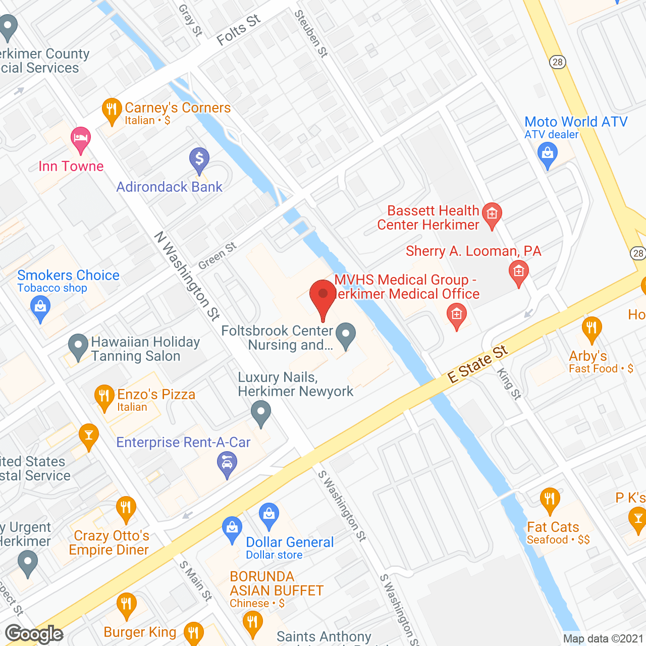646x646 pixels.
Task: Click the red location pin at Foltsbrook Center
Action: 323,297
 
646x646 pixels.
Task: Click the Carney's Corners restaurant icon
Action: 112,110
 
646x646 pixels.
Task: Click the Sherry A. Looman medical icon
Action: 518,273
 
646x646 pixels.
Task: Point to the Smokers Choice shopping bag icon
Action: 40,307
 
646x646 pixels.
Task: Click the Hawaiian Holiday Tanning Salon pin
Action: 78,347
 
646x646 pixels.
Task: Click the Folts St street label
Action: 238,30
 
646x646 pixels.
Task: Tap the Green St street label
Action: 217,256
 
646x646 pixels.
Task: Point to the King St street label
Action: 509,384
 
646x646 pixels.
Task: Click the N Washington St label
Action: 187,276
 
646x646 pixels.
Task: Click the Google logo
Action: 34,634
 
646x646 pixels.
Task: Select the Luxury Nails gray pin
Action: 261,413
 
